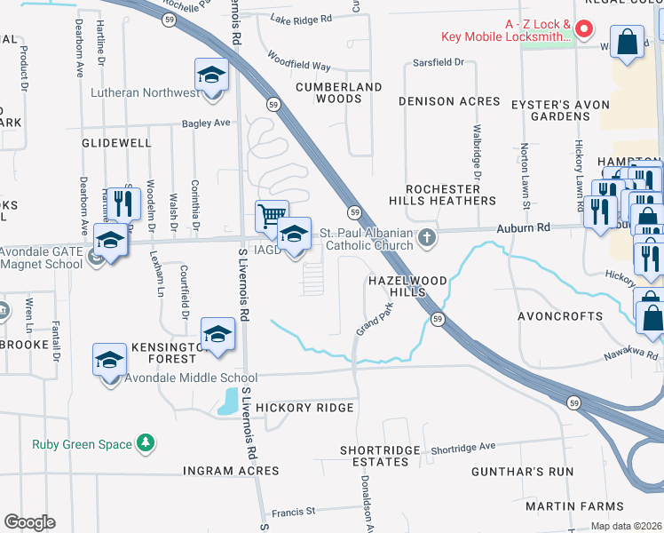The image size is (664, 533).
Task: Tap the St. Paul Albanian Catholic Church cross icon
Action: coord(428,237)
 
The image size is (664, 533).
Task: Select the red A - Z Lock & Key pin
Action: coord(584,29)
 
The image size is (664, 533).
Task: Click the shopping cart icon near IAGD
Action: coord(272,216)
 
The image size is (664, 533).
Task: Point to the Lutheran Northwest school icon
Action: coord(211,75)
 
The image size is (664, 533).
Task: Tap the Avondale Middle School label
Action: coord(185,378)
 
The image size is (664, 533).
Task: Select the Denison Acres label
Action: coord(449,101)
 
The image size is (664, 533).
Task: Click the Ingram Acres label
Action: coord(231,470)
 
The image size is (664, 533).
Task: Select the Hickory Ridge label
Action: coord(304,408)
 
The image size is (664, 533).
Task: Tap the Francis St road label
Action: coord(294,511)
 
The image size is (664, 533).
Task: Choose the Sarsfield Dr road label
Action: coord(439,62)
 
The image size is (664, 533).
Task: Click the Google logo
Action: coord(29,522)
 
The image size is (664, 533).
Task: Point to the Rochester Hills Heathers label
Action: coord(450,195)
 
